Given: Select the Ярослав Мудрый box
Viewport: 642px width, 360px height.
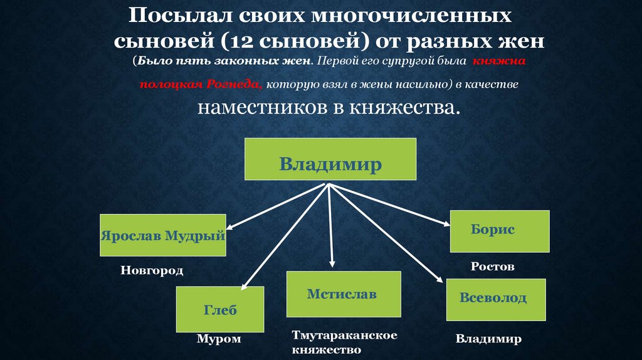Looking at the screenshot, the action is click(162, 235).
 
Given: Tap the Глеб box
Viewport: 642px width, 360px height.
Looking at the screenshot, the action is click(219, 309).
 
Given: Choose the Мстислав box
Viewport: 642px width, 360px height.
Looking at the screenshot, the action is click(343, 294).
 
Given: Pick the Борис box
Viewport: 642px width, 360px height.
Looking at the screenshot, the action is click(500, 230).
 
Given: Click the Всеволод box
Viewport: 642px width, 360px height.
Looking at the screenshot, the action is click(495, 299).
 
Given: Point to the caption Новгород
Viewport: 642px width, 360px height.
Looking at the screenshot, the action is click(152, 271).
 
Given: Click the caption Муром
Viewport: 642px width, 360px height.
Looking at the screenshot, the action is click(218, 339).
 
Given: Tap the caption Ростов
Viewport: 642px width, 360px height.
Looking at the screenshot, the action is click(493, 267).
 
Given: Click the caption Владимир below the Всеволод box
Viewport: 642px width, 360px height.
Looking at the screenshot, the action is click(488, 339).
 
